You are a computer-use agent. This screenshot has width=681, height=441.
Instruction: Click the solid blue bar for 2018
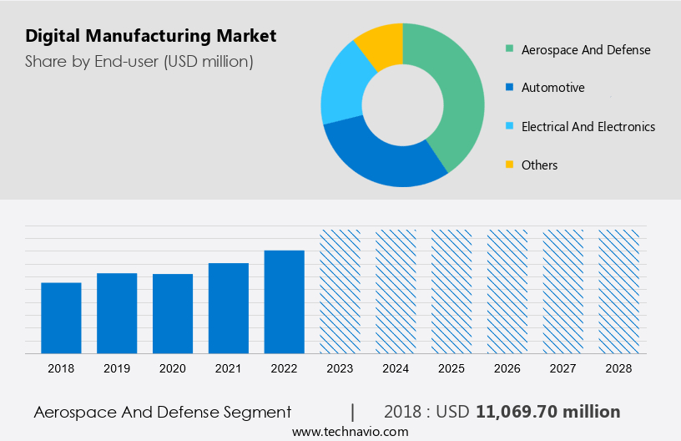tap(61, 318)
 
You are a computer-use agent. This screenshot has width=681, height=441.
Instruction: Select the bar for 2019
tap(117, 313)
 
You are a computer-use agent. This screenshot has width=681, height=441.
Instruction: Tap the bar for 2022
tap(285, 302)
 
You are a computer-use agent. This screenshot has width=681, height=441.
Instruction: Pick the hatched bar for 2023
tap(340, 291)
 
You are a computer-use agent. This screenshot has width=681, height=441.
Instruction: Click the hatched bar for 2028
tap(619, 291)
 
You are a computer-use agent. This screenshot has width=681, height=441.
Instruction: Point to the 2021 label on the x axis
tap(229, 368)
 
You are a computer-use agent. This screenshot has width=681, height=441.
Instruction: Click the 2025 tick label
tap(451, 368)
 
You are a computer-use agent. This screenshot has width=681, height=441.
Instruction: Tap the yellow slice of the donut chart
tap(381, 45)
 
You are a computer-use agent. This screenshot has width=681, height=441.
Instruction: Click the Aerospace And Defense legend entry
tap(585, 49)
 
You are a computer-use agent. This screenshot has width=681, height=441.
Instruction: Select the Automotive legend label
tap(552, 88)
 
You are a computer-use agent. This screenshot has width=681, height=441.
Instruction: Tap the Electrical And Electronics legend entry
tap(588, 127)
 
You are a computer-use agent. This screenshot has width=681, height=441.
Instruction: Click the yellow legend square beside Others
tap(509, 165)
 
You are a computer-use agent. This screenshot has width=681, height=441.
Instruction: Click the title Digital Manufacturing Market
tap(150, 36)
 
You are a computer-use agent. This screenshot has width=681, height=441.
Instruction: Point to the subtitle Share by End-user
tap(139, 61)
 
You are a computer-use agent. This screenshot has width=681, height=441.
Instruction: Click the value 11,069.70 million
tap(547, 412)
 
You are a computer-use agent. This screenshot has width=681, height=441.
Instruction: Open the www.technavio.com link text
tap(350, 432)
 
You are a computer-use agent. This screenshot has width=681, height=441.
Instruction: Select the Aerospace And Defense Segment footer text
tap(163, 412)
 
